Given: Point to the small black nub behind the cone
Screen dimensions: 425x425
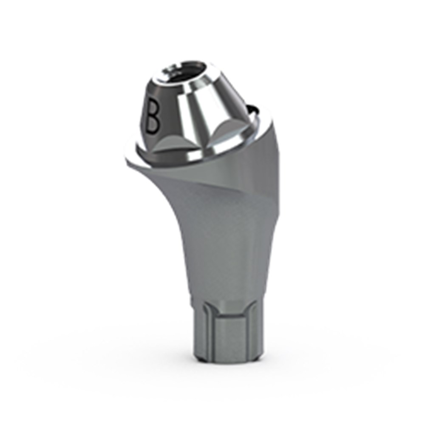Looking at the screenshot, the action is (x=253, y=108).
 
